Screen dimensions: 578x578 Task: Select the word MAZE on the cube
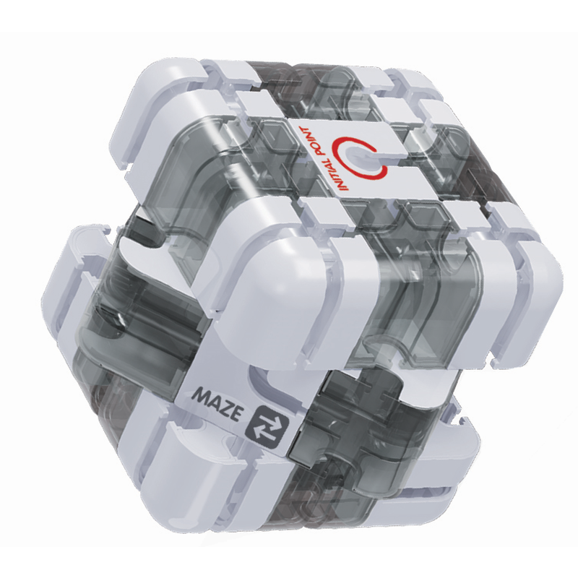[212, 399]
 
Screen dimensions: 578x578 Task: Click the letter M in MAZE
[195, 394]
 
